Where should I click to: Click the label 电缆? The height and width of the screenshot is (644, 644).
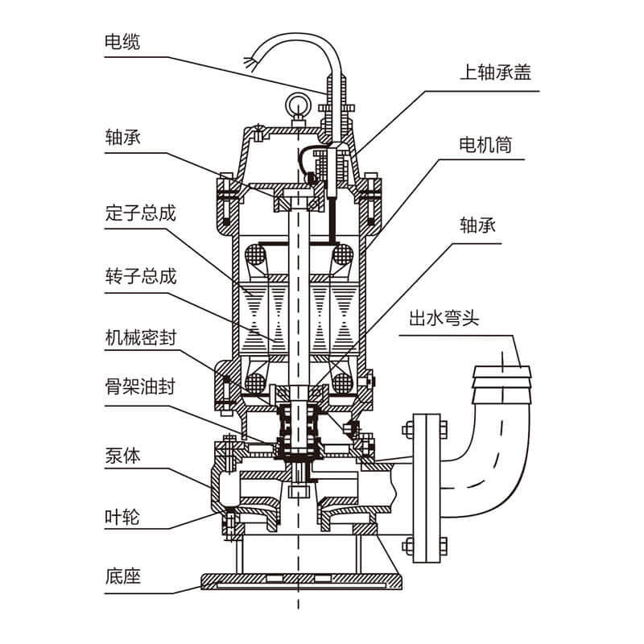click(122, 42)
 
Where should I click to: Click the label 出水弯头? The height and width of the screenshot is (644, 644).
click(444, 318)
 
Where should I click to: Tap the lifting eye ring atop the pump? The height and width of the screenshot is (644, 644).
click(294, 104)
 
